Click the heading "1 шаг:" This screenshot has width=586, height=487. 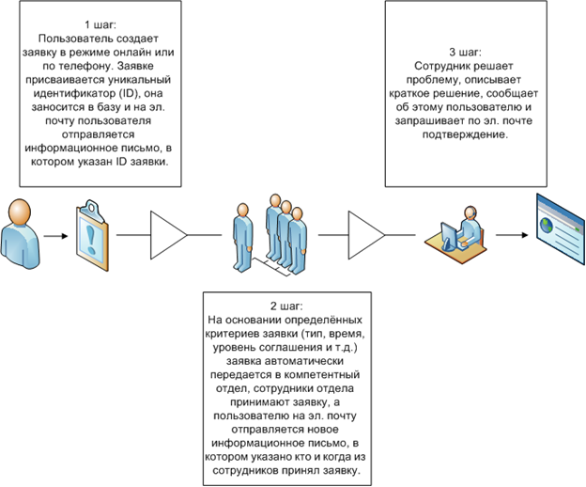click(100, 25)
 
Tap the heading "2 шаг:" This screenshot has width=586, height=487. click(286, 306)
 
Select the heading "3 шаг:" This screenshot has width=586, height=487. click(465, 53)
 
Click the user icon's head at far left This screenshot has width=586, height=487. click(20, 212)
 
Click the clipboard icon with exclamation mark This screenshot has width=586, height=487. click(92, 235)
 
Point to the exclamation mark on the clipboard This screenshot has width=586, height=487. click(91, 239)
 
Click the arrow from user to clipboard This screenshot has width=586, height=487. click(55, 236)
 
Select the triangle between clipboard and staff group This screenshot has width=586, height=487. click(168, 235)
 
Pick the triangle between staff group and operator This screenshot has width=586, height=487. click(366, 235)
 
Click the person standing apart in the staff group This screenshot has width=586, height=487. click(243, 236)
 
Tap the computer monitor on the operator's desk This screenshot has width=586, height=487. click(449, 236)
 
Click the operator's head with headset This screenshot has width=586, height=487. click(470, 212)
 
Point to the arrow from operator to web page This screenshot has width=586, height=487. click(512, 235)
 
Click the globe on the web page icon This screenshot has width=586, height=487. click(547, 224)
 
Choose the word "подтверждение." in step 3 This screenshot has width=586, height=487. click(465, 134)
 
